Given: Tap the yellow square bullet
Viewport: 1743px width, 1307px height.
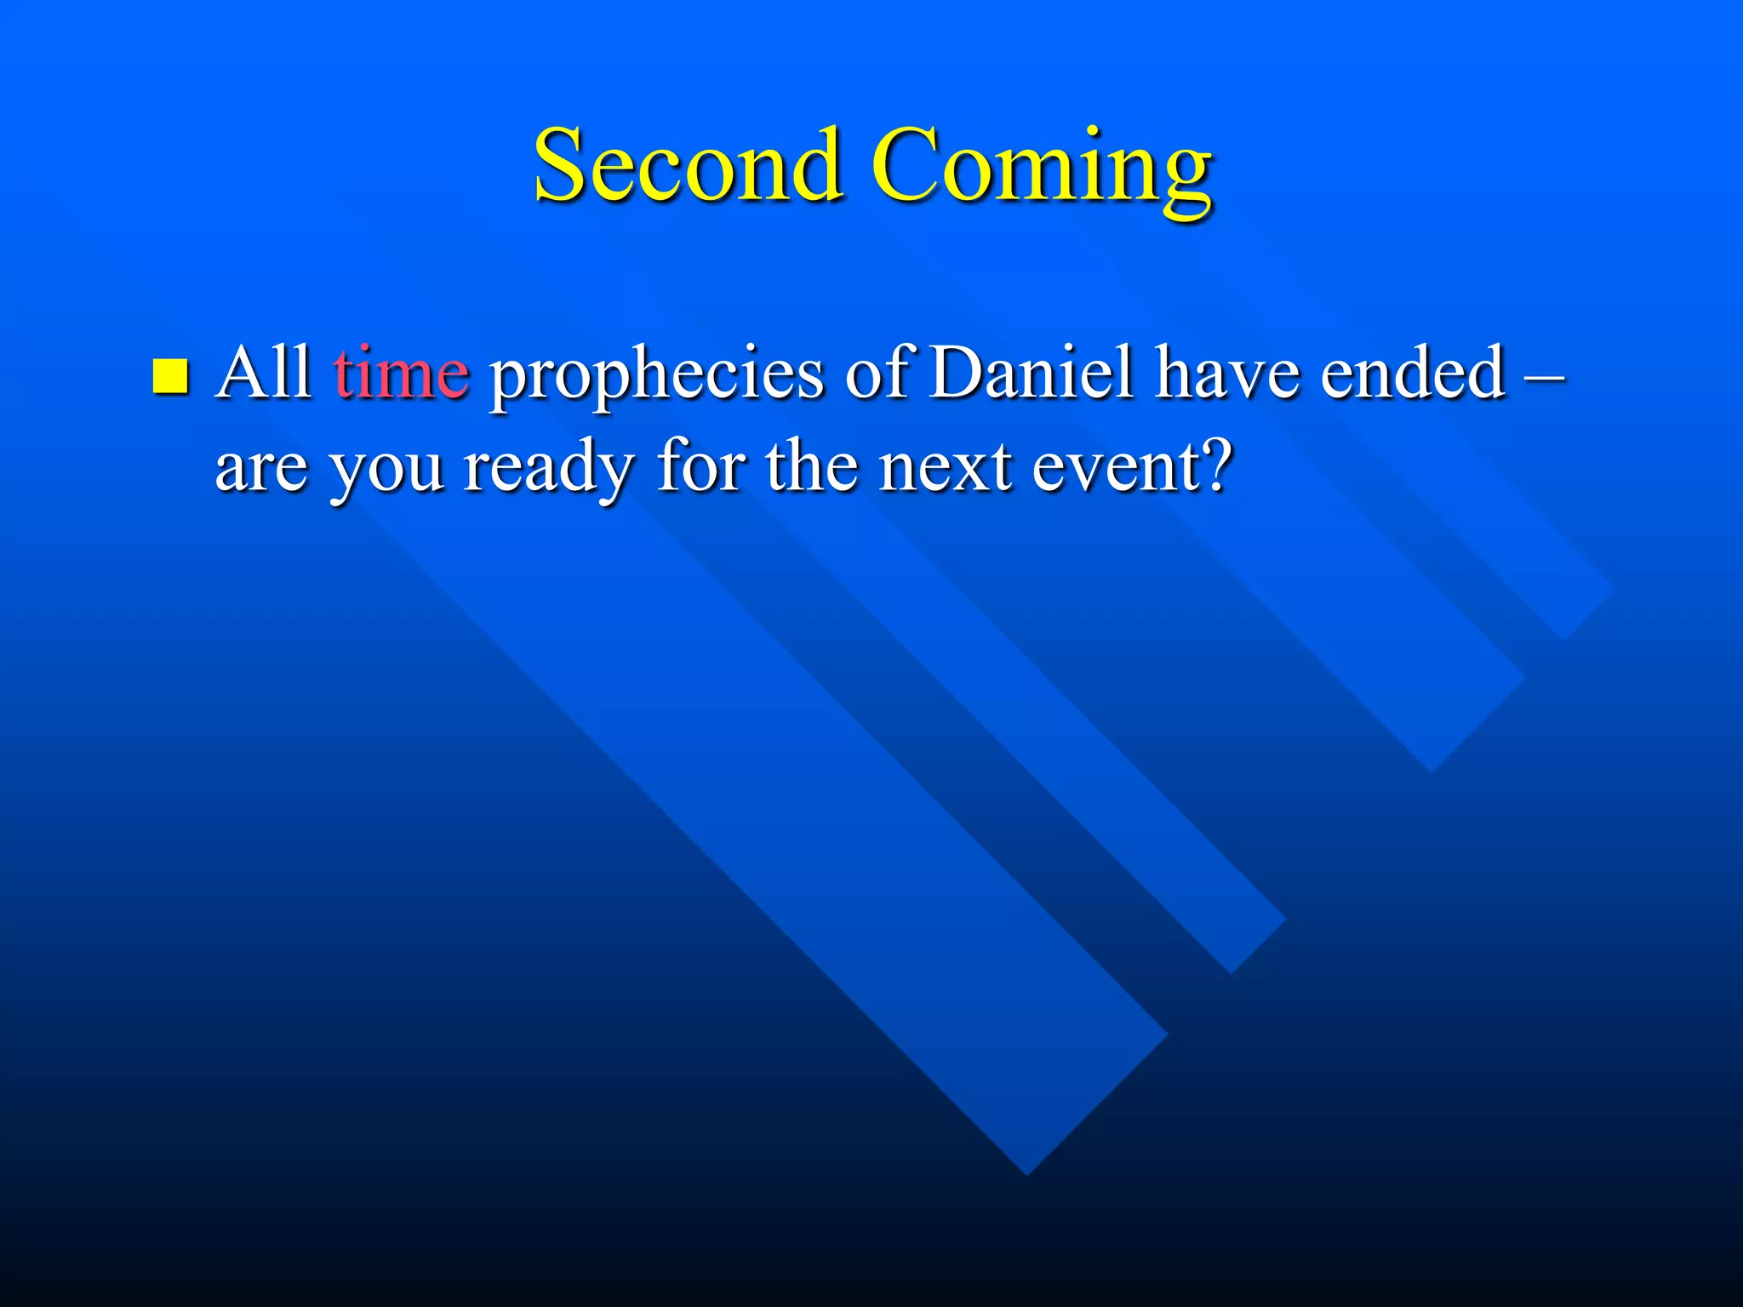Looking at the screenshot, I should pos(170,375).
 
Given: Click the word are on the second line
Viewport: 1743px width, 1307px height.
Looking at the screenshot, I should pos(261,470).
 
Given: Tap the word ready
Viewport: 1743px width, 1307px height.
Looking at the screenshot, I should pos(549,470).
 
